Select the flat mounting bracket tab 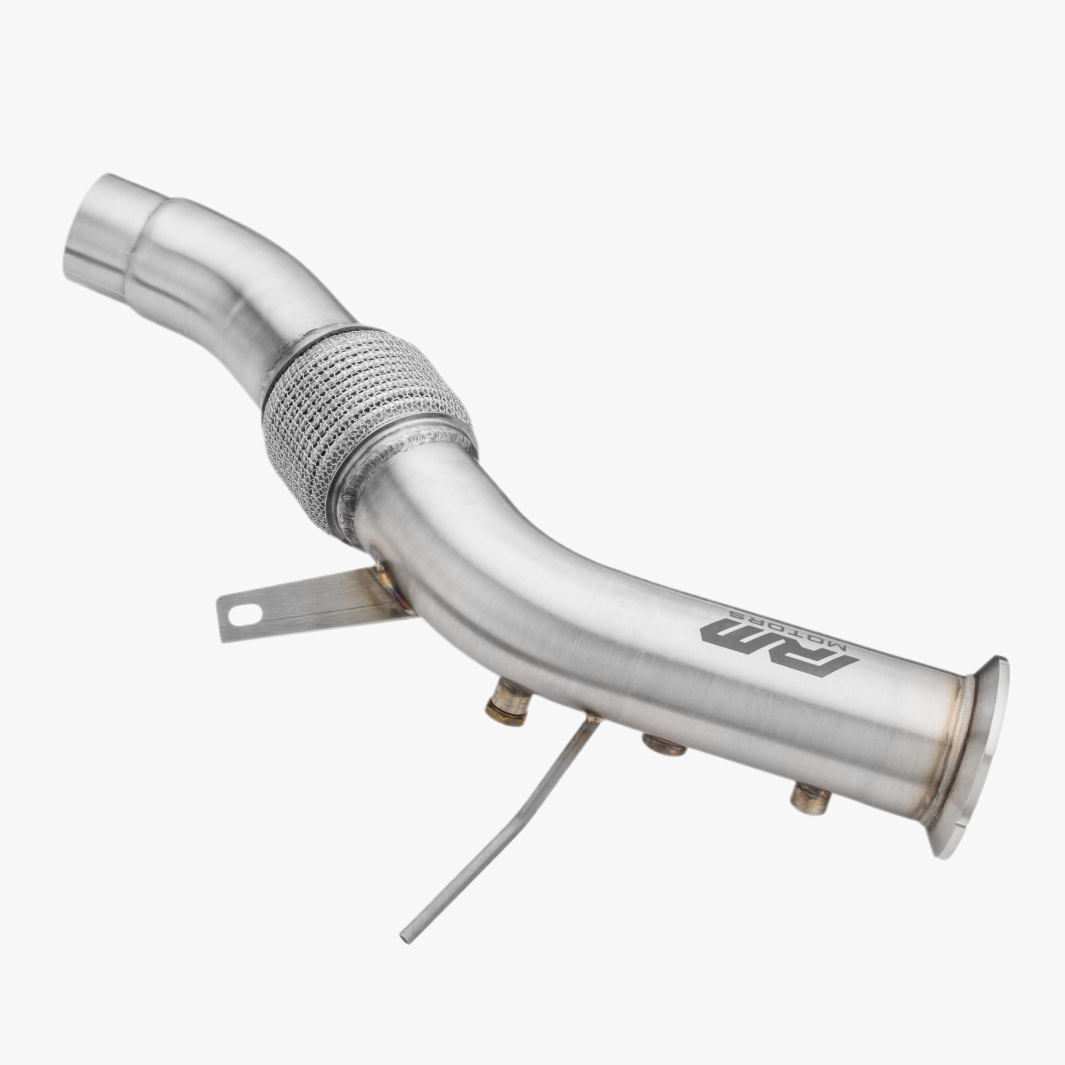tap(309, 612)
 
